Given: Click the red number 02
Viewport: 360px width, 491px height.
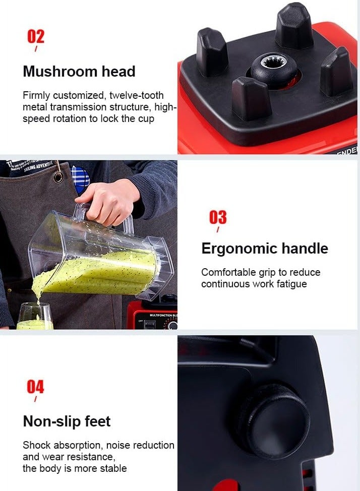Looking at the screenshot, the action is tap(36, 36).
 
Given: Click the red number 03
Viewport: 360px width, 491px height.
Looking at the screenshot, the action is tap(218, 217).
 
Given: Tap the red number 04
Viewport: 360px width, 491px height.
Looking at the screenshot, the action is tap(35, 387).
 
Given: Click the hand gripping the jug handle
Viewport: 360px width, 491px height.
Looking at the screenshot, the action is tap(108, 201).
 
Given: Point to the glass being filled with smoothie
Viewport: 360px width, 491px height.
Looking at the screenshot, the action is tap(34, 316).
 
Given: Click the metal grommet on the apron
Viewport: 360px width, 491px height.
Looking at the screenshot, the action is tap(58, 177).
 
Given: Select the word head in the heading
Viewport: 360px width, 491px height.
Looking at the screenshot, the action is tap(118, 72).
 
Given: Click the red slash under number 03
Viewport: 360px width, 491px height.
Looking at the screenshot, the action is tap(218, 229).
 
